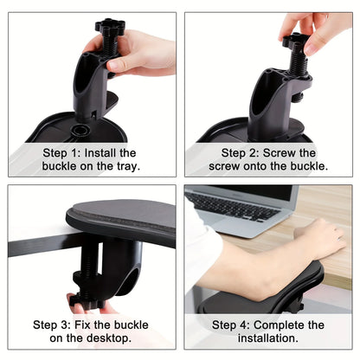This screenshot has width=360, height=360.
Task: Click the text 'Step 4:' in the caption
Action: pyautogui.click(x=229, y=325)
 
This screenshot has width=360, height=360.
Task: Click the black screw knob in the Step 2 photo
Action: pyautogui.click(x=297, y=41)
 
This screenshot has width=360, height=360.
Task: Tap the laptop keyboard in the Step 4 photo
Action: pyautogui.click(x=229, y=208)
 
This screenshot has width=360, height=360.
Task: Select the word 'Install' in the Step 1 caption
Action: pyautogui.click(x=109, y=152)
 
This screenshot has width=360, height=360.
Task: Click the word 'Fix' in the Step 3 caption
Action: pyautogui.click(x=96, y=325)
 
